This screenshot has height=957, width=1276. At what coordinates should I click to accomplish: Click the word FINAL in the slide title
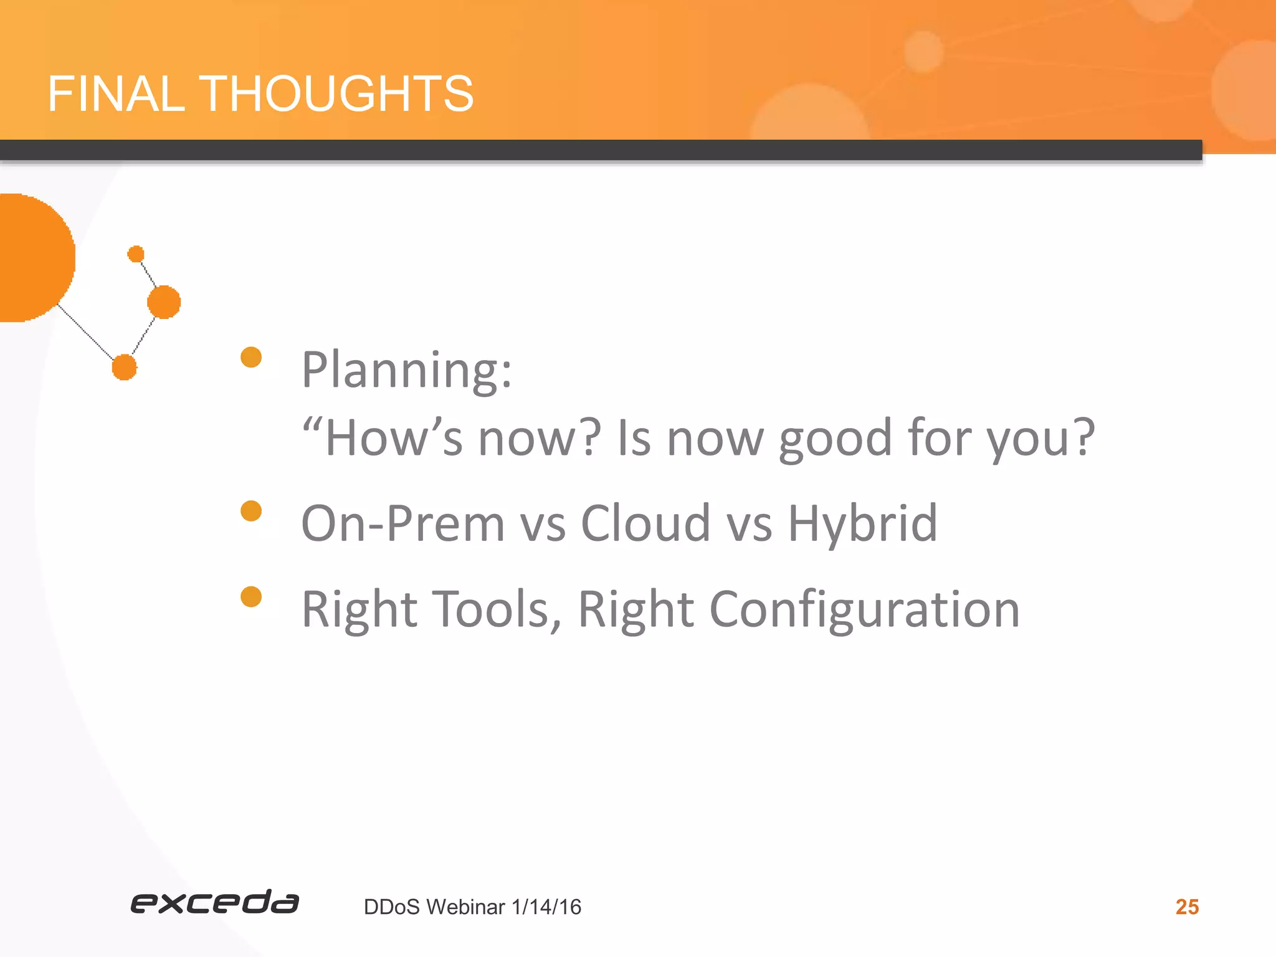(116, 93)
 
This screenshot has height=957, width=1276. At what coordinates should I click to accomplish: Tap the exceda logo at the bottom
(214, 903)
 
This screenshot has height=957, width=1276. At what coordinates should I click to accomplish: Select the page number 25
(1187, 907)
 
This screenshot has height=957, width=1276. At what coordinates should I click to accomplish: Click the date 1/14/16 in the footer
(546, 907)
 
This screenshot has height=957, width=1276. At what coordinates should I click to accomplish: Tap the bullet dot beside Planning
(251, 357)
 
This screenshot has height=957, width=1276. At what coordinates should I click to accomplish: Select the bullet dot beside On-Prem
(251, 511)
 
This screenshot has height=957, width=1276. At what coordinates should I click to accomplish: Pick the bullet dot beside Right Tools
(251, 596)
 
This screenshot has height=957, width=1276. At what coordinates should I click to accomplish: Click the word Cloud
(645, 523)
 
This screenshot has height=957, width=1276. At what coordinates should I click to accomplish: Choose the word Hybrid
(862, 523)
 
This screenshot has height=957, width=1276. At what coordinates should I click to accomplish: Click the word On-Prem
(402, 523)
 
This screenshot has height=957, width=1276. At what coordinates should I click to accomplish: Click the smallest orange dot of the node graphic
(136, 254)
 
